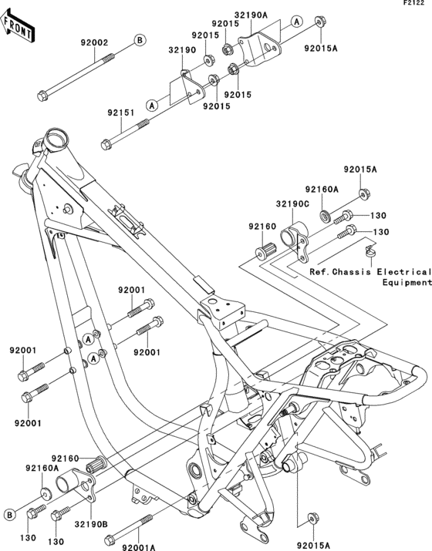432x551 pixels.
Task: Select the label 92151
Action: [x=121, y=113]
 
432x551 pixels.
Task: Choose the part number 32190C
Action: [x=294, y=204]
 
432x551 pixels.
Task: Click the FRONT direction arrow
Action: [x=19, y=28]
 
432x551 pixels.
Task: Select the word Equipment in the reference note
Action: [x=406, y=283]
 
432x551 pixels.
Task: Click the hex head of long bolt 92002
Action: [x=42, y=97]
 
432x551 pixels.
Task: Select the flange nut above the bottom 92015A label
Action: [x=315, y=516]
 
